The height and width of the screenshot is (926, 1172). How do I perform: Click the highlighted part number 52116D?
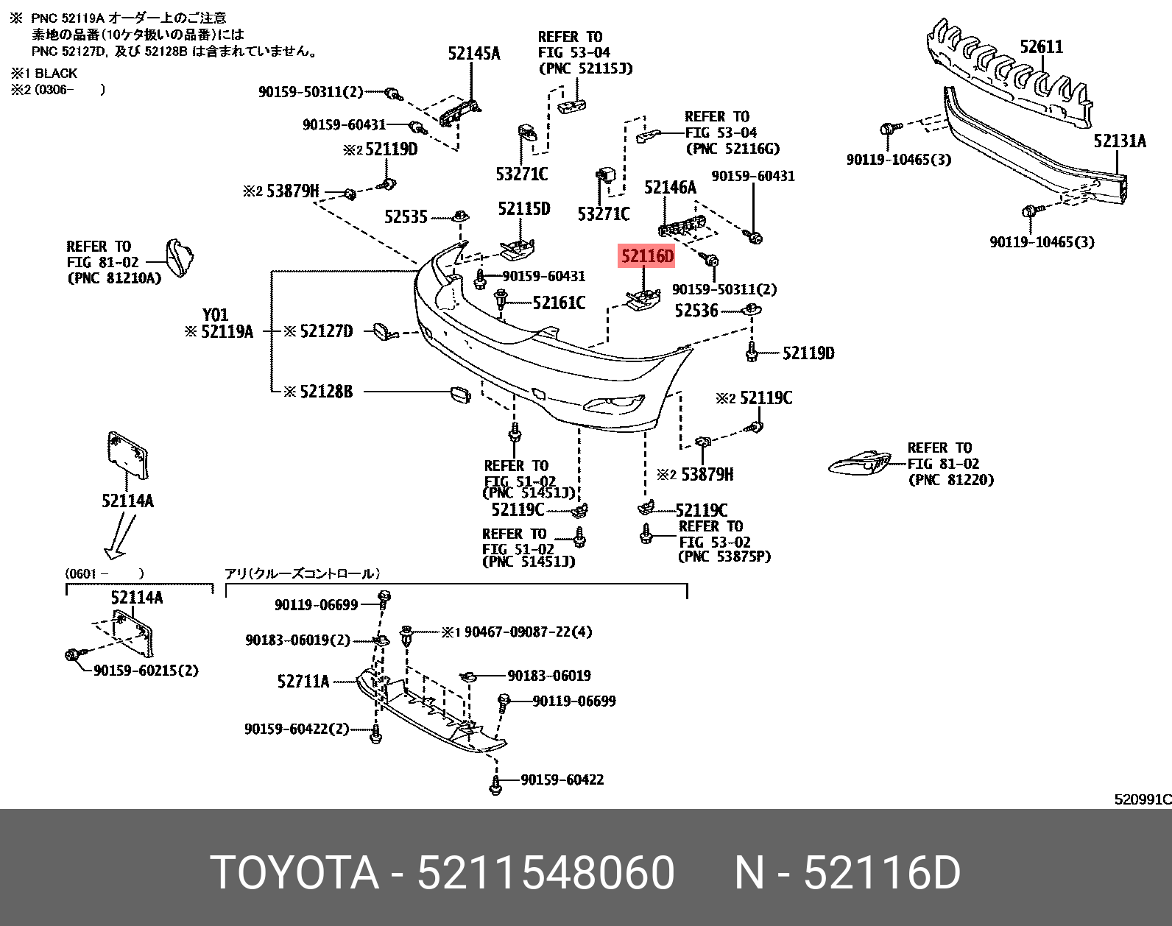tap(647, 256)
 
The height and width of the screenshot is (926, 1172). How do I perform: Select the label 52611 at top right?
tap(1041, 47)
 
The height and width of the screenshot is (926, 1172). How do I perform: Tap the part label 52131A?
tap(1119, 141)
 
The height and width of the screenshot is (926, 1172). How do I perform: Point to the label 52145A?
tap(473, 53)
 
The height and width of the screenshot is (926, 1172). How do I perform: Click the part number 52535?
tap(406, 217)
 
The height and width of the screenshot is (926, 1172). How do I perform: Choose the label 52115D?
tap(523, 209)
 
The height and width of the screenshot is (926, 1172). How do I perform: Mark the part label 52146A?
tap(670, 188)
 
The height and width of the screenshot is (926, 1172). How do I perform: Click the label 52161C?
tap(559, 303)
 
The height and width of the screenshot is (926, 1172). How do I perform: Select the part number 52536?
tap(696, 311)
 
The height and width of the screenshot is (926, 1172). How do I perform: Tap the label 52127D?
tap(326, 331)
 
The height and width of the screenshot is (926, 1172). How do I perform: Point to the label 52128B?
tap(326, 392)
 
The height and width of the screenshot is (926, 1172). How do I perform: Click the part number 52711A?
tap(303, 682)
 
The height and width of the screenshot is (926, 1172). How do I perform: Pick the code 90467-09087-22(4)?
tap(528, 632)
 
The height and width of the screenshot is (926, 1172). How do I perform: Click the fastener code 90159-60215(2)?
tap(146, 671)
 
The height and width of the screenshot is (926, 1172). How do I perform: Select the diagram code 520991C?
tap(1142, 799)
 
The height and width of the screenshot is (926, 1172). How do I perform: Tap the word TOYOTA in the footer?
tap(294, 873)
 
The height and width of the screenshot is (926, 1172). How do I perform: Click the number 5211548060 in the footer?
tap(546, 873)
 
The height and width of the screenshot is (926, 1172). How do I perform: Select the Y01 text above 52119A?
tap(215, 314)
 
